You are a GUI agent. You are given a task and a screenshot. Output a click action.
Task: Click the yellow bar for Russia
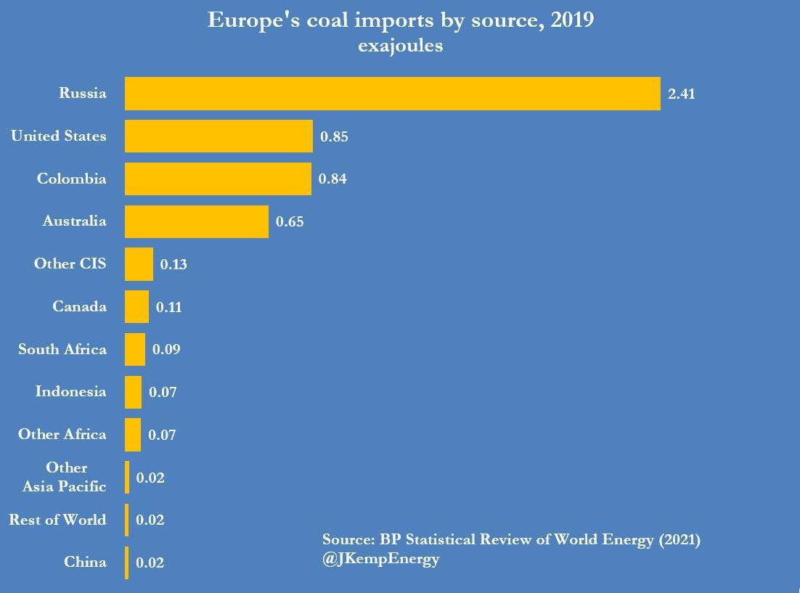(392, 94)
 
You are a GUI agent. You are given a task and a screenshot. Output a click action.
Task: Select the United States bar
(219, 136)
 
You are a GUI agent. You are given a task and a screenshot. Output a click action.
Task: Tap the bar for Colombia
(218, 179)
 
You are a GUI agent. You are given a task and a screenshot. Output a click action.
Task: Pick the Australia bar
(196, 221)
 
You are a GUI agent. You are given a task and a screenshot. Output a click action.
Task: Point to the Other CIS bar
(139, 264)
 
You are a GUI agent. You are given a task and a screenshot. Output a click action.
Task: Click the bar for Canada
(136, 307)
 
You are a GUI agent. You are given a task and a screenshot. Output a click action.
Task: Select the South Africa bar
(135, 349)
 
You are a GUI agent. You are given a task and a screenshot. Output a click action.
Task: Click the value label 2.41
(681, 94)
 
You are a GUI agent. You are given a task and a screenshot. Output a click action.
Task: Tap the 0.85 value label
(334, 136)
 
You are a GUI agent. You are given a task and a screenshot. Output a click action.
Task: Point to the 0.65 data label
(290, 222)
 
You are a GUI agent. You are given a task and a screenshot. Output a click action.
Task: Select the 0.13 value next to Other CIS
(174, 265)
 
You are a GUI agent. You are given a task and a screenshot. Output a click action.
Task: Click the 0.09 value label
(166, 350)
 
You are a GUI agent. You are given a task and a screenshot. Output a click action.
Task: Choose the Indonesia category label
(70, 392)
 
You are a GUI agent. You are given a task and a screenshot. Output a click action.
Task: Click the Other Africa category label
(62, 435)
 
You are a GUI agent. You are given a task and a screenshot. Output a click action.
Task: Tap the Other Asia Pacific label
(65, 477)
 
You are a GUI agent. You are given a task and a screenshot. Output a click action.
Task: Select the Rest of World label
(57, 520)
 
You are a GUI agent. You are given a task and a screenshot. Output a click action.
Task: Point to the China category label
(85, 562)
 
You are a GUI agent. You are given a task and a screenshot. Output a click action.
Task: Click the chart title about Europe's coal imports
(401, 20)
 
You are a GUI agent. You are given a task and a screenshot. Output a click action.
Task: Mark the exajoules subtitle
(400, 47)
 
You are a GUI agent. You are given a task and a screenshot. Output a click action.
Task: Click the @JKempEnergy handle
(381, 560)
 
